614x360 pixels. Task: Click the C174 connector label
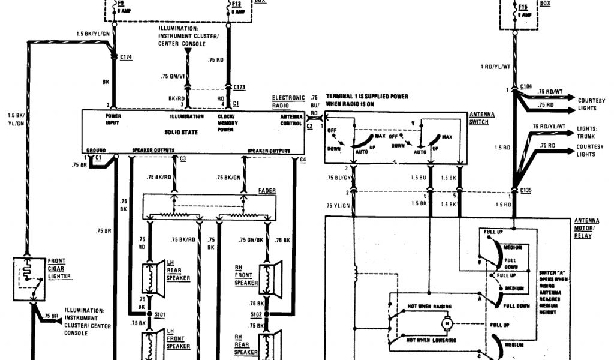click(126, 57)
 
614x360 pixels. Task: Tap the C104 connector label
click(526, 86)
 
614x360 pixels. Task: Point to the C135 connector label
click(526, 190)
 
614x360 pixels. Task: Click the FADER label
click(267, 190)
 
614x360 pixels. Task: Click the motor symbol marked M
click(446, 324)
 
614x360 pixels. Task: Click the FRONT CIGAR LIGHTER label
click(60, 269)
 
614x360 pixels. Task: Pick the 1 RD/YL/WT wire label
click(494, 67)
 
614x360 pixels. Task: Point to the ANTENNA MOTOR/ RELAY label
click(586, 228)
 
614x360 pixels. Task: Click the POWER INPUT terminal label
click(113, 119)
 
